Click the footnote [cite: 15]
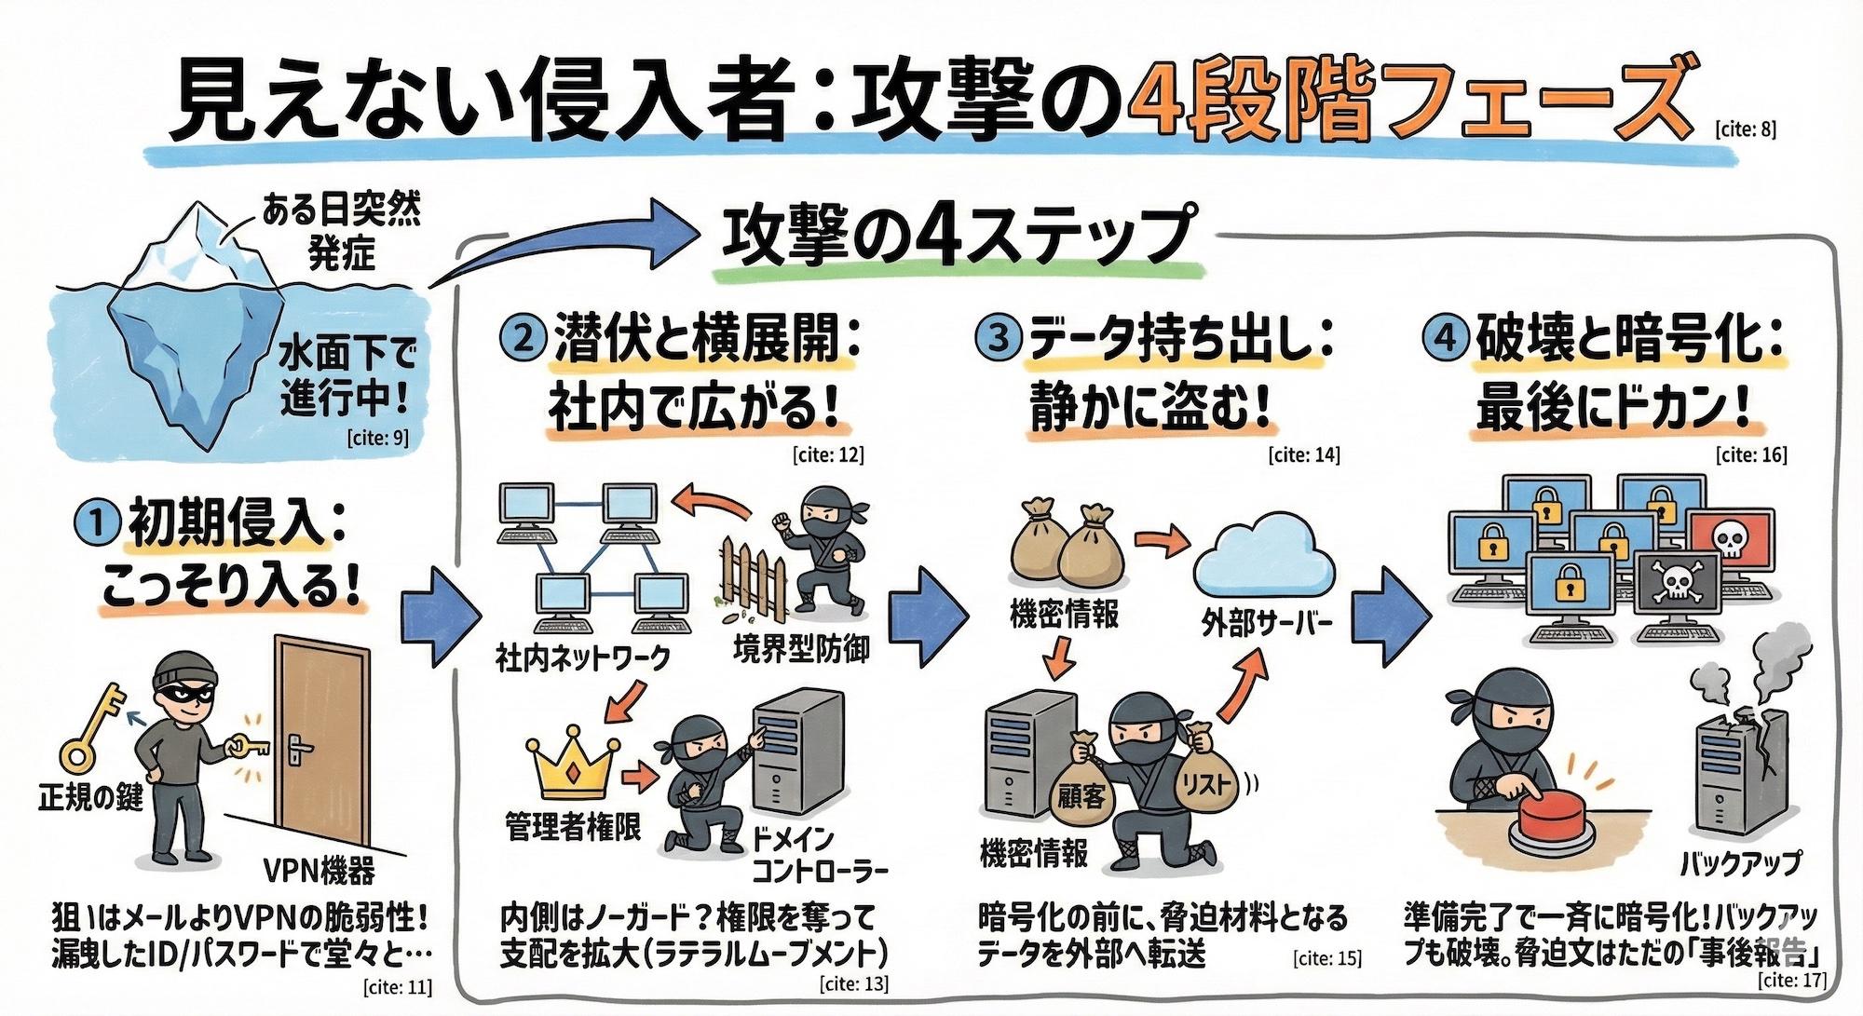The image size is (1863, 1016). coord(1327,957)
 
